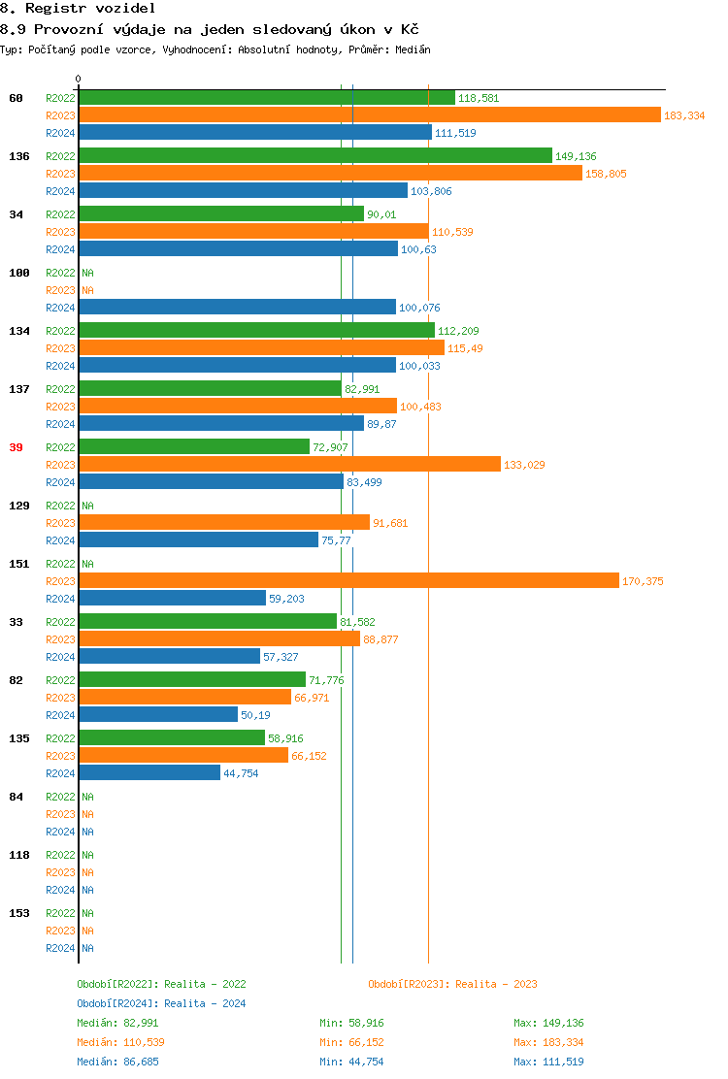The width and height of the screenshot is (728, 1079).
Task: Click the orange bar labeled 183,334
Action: point(369,115)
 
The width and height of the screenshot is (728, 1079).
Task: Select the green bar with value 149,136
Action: point(315,156)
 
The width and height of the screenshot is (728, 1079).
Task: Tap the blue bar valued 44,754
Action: point(149,773)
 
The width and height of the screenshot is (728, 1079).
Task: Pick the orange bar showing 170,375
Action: point(348,581)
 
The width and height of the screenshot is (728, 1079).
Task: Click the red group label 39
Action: point(17,447)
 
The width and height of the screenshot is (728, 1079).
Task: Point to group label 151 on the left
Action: point(18,564)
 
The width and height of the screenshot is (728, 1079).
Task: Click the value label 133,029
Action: point(524,465)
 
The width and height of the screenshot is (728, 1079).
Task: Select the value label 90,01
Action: point(381,214)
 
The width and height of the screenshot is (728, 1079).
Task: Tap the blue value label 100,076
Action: point(419,308)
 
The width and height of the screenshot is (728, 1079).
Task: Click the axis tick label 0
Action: point(79,79)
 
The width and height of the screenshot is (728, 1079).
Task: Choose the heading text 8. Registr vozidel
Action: point(78,8)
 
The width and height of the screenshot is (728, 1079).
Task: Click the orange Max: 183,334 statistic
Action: point(548,1042)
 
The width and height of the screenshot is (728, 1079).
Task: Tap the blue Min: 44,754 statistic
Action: point(351,1062)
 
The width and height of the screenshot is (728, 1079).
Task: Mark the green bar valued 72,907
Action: point(194,447)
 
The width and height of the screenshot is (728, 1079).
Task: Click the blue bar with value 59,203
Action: point(172,599)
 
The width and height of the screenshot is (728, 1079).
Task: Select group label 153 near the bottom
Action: point(18,913)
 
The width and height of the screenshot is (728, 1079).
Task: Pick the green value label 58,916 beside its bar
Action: point(286,738)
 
